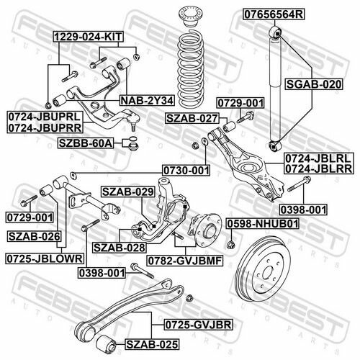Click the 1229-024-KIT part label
(x=89, y=37)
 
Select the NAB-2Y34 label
(x=147, y=101)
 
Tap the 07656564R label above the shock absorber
(x=274, y=14)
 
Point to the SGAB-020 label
(x=314, y=84)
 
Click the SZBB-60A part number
(x=86, y=143)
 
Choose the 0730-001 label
(x=186, y=171)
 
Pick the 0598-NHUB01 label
(x=263, y=224)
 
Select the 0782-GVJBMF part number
(x=185, y=261)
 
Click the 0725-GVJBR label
(x=199, y=325)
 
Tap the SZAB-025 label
(x=152, y=344)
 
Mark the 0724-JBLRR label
(x=319, y=168)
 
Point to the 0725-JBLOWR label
(x=45, y=258)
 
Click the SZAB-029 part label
(x=128, y=192)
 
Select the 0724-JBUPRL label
(x=45, y=117)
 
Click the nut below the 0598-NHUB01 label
(x=231, y=245)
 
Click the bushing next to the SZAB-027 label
(x=230, y=126)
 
